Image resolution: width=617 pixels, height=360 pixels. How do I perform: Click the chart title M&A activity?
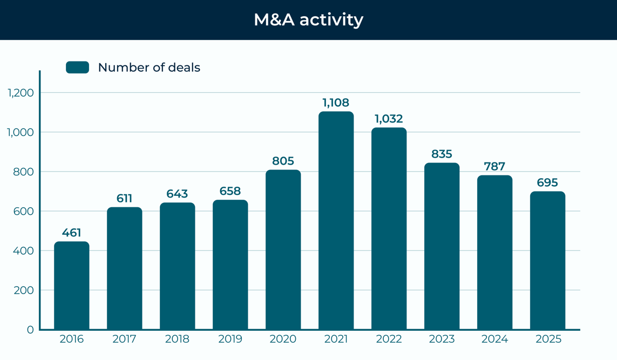308,19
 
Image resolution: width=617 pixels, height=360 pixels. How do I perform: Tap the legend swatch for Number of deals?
77,67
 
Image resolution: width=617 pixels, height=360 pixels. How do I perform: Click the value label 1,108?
336,103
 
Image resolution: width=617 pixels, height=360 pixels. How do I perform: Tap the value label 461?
71,233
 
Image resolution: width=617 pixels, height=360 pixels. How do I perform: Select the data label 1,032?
389,119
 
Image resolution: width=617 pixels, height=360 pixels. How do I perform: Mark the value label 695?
547,182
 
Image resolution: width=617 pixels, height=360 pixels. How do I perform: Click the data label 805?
283,161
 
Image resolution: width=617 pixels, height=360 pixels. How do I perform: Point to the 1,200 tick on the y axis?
21,93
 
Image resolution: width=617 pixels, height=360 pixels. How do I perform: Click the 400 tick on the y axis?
23,250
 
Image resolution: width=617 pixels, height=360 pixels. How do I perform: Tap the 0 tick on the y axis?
30,330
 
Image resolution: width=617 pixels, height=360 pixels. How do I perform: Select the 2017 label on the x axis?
124,339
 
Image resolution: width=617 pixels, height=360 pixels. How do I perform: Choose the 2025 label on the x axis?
548,339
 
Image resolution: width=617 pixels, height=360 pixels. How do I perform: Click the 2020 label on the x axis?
283,339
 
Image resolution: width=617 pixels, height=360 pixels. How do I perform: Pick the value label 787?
494,166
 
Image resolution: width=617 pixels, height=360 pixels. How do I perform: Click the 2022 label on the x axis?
389,339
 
